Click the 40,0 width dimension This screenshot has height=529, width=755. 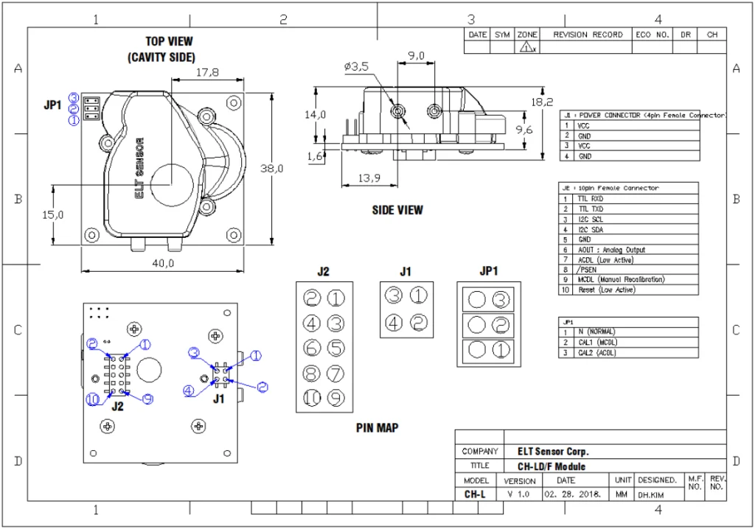(x=162, y=263)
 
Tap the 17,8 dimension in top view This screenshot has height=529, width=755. (x=208, y=72)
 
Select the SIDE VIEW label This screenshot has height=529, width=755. (x=397, y=210)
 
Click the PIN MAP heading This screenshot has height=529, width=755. (x=377, y=427)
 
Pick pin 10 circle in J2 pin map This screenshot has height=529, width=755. (x=312, y=398)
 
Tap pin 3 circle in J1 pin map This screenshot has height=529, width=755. (x=394, y=296)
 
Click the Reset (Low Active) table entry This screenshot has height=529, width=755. (x=606, y=290)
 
